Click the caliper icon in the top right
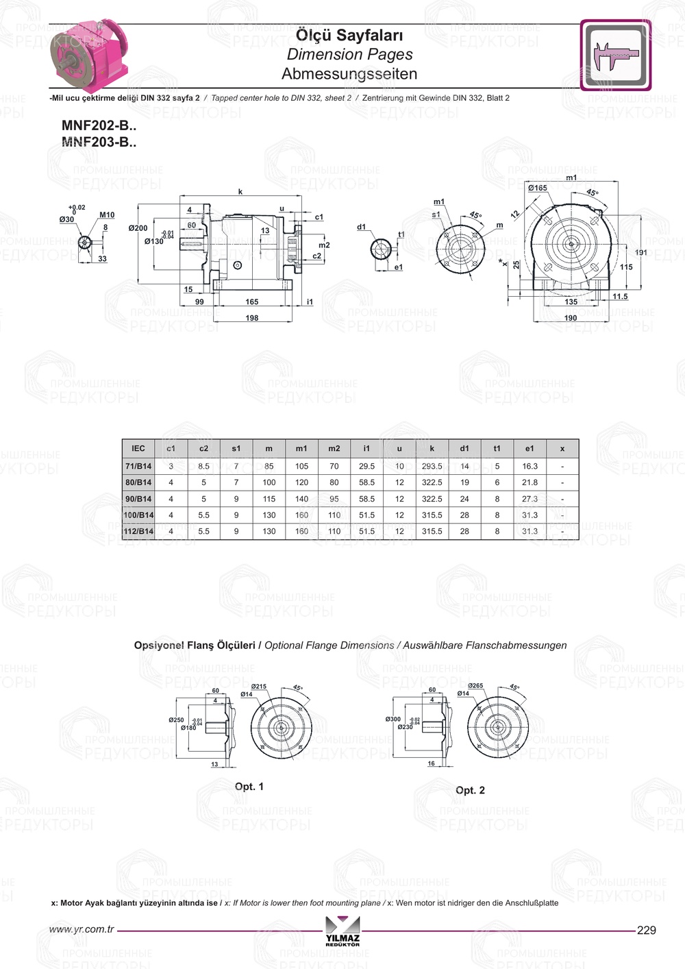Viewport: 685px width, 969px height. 615,55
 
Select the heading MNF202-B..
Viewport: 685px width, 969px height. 99,125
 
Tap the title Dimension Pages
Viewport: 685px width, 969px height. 349,54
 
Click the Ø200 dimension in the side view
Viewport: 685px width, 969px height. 138,228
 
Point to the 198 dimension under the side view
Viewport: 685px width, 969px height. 252,318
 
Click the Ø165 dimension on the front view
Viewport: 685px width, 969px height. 538,188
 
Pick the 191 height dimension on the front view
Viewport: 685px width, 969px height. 640,253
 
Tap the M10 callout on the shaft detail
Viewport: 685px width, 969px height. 107,215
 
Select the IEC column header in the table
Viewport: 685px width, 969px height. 138,448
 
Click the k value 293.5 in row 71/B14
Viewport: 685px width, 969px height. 432,466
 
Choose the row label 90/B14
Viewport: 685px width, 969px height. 138,499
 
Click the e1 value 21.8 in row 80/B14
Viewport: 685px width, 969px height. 530,482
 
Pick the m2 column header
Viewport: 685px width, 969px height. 334,448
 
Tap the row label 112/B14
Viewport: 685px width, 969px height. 138,531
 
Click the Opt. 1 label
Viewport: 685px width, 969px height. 249,787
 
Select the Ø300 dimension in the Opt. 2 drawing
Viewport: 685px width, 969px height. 393,720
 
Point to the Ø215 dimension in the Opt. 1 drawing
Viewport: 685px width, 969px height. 258,687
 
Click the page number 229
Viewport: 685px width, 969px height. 646,930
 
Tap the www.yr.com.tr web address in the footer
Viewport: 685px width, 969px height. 82,929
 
